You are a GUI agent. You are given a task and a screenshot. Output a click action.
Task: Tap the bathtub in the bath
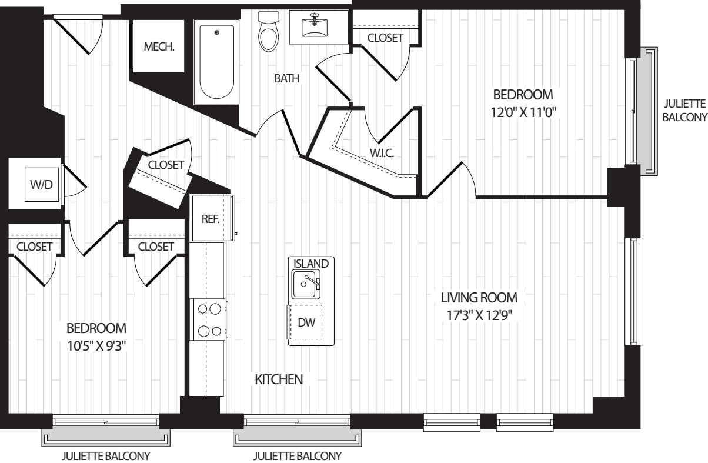point(216,62)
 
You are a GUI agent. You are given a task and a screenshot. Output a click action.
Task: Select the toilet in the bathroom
point(268,32)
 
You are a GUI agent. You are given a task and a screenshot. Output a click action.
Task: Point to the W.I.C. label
point(382,154)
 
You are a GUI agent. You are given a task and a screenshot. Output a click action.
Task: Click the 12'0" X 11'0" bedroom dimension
point(523,112)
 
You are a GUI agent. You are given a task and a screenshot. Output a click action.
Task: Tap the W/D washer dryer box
point(41,185)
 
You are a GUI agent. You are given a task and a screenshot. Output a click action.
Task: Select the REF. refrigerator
point(211,219)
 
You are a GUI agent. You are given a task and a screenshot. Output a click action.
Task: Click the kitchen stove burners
point(208,319)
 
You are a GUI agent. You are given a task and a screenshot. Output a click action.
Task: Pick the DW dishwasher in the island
point(306,322)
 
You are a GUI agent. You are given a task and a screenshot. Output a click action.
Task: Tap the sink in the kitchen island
point(306,285)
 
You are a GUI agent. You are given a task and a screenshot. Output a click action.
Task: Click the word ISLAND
point(311,264)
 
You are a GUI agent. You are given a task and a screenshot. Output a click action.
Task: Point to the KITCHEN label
point(279,379)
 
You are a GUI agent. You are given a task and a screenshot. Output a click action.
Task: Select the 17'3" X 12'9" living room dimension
point(479,315)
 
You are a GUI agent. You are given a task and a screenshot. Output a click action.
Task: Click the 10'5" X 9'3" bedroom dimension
point(96,345)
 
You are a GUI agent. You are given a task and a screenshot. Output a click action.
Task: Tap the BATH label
point(286,78)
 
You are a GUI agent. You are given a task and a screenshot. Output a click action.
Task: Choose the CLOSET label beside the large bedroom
point(385,38)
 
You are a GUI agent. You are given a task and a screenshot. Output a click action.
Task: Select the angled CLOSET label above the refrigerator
point(166,165)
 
